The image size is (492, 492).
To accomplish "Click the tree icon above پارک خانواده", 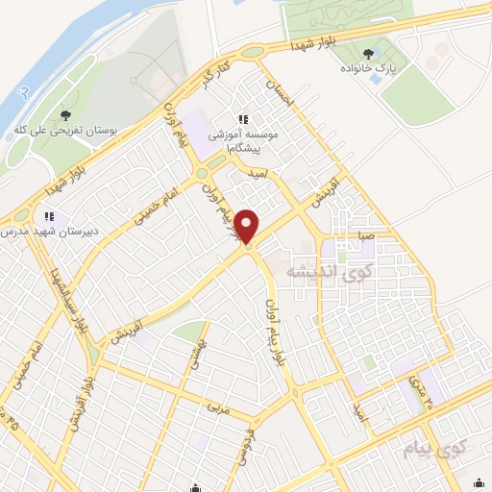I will pos(370,54).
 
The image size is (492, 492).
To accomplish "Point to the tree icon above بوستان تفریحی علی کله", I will pos(63,114).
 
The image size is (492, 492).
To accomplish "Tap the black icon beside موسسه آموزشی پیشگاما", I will pos(242,119).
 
